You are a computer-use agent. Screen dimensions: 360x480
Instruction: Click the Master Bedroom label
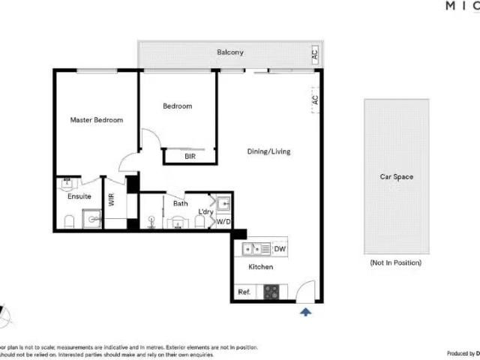pyautogui.click(x=96, y=120)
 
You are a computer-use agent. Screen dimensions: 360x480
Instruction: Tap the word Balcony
pyautogui.click(x=230, y=52)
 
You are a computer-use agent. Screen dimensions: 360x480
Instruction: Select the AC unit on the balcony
pyautogui.click(x=315, y=55)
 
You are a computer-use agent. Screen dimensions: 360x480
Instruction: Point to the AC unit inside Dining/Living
pyautogui.click(x=315, y=98)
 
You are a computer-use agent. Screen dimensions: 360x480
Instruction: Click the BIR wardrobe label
pyautogui.click(x=190, y=157)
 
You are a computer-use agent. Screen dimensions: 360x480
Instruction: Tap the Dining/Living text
pyautogui.click(x=268, y=151)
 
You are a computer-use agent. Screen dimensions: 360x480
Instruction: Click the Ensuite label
pyautogui.click(x=79, y=196)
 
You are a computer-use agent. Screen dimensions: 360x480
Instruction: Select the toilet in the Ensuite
pyautogui.click(x=68, y=220)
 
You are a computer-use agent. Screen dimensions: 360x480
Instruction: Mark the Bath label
pyautogui.click(x=180, y=203)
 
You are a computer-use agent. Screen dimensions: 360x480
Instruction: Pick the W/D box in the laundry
pyautogui.click(x=223, y=222)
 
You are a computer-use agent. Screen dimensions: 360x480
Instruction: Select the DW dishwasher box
pyautogui.click(x=279, y=249)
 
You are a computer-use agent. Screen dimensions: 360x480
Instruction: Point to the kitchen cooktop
pyautogui.click(x=271, y=292)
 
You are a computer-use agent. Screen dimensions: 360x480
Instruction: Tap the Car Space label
pyautogui.click(x=396, y=177)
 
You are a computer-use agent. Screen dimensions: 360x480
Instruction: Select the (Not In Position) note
pyautogui.click(x=395, y=262)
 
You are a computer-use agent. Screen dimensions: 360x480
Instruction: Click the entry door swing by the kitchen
pyautogui.click(x=306, y=291)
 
